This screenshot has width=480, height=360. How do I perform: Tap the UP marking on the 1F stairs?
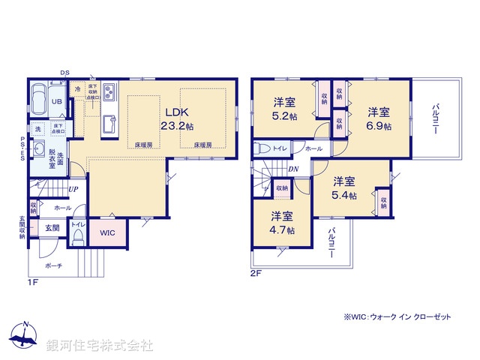73,189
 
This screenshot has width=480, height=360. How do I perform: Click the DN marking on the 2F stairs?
294,169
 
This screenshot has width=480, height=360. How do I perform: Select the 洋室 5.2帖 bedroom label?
284,108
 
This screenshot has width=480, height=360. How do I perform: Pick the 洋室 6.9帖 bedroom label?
379,118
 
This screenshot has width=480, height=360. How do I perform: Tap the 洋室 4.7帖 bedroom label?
283,223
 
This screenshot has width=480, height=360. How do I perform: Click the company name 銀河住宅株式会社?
100,345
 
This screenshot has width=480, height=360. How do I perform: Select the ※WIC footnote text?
397,318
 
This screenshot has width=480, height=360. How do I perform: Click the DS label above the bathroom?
64,73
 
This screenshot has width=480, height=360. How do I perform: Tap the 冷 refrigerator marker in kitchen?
78,88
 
